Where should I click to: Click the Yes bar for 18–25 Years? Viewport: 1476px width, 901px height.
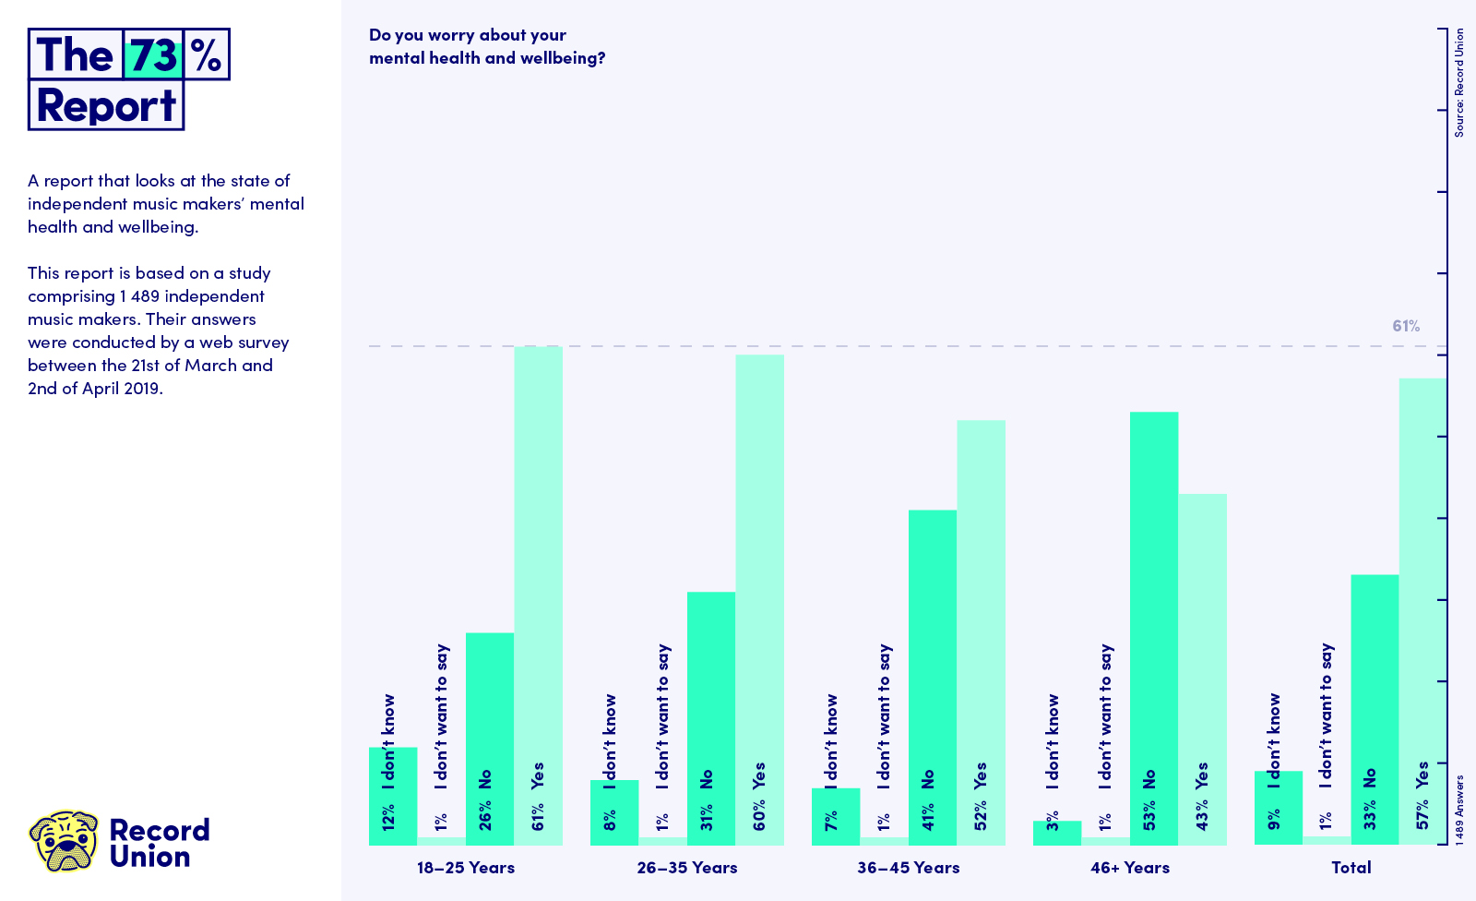coord(539,595)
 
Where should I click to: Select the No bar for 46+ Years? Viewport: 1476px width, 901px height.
coord(1154,629)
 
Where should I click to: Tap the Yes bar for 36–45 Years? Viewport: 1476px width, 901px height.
coord(982,632)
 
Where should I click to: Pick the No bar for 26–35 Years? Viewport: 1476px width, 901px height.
coord(711,718)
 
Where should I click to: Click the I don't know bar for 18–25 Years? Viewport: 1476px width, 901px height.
coord(393,796)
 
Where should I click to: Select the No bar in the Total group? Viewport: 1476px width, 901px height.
coord(1375,710)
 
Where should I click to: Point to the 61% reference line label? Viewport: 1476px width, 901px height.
coord(1406,326)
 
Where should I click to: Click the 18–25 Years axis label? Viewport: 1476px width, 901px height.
coord(466,868)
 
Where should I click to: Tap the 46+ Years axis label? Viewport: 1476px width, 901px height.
coord(1130,868)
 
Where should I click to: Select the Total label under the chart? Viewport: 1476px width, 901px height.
coord(1351,868)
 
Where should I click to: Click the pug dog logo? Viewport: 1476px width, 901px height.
coord(64,841)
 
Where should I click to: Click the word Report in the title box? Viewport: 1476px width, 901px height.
coord(106,105)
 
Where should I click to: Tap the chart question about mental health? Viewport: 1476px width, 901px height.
coord(487,46)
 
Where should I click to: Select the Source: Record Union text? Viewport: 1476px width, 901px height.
coord(1458,82)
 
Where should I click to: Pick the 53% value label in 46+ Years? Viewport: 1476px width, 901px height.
coord(1149,816)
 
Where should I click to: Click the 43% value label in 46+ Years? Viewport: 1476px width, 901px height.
coord(1202,816)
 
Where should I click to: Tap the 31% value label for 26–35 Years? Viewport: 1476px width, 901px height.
coord(707,817)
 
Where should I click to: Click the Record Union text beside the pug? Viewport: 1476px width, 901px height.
coord(160,844)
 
